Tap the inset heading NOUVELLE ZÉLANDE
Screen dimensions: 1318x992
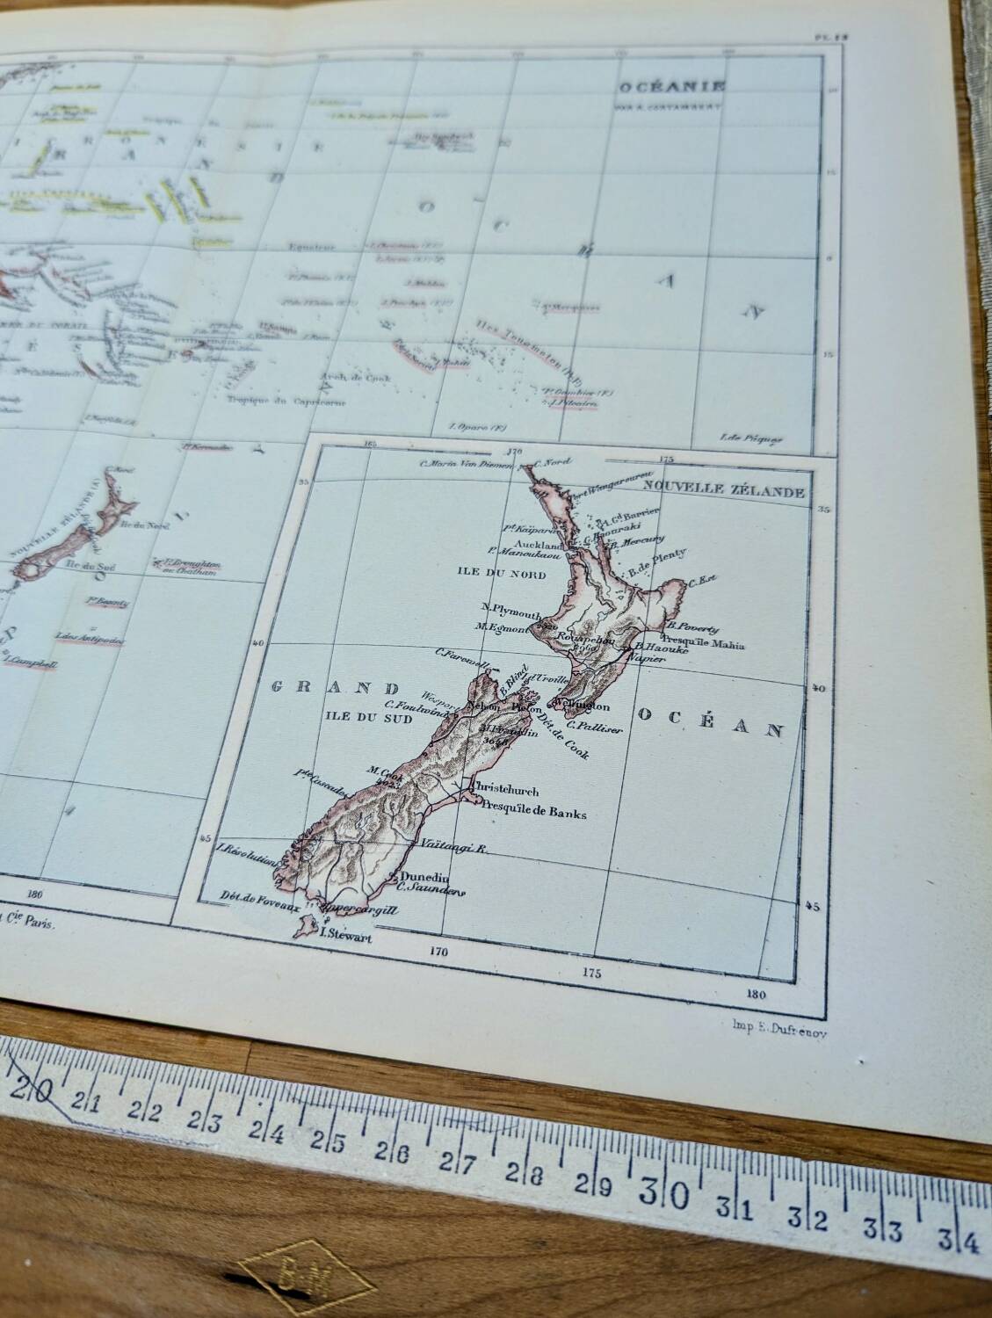point(723,492)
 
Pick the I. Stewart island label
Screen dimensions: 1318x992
point(348,938)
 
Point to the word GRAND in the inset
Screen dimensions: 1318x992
point(331,687)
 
